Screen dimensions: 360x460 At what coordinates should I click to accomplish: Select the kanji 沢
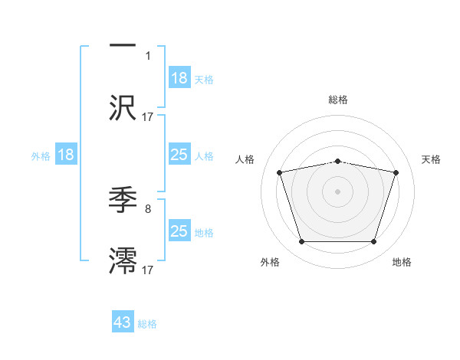click(x=123, y=107)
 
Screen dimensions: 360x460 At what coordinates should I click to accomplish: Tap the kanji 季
click(x=123, y=200)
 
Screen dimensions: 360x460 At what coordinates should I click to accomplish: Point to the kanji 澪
click(x=123, y=260)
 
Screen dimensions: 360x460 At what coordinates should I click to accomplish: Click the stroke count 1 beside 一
click(x=148, y=56)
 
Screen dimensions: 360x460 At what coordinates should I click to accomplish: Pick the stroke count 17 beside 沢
click(x=148, y=116)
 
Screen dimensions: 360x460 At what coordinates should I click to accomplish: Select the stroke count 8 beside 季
click(x=148, y=208)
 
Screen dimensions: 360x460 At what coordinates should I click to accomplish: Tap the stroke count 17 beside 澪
click(x=148, y=269)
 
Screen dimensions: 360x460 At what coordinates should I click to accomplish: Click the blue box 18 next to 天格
click(x=179, y=78)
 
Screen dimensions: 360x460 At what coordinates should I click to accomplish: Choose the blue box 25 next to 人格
click(x=179, y=155)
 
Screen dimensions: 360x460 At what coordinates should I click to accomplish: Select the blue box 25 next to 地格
click(x=179, y=231)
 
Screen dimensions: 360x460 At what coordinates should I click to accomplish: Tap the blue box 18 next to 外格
click(x=66, y=155)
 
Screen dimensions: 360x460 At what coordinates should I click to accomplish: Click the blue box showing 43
click(x=123, y=322)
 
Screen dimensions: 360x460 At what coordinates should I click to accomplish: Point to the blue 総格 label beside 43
click(x=147, y=324)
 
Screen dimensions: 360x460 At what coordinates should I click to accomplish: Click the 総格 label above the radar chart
click(x=338, y=100)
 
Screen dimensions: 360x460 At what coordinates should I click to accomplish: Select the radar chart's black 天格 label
click(x=432, y=159)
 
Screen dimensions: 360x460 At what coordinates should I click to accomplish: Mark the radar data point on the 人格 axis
click(x=280, y=172)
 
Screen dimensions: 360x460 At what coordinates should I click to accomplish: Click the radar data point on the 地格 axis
click(x=373, y=242)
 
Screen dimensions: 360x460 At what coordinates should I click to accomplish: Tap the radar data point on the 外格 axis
click(x=301, y=242)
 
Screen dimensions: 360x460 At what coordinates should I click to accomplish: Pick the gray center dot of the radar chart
click(x=337, y=191)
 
